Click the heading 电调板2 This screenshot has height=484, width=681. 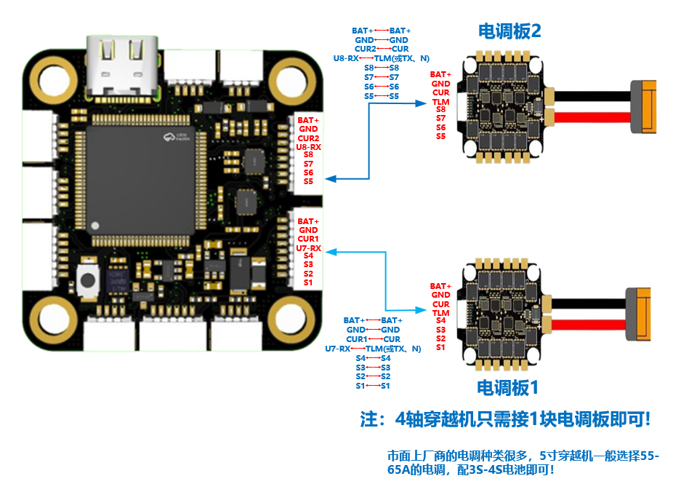coord(509,31)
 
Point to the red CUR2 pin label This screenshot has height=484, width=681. coord(308,138)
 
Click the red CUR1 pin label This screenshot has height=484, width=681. coord(308,239)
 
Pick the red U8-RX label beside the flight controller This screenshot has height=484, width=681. coord(308,147)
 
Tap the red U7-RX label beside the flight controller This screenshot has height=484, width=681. coord(308,248)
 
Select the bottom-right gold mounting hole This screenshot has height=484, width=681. coord(291,316)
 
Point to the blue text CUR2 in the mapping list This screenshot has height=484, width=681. coord(365,49)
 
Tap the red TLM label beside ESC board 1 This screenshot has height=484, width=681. coord(440,312)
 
